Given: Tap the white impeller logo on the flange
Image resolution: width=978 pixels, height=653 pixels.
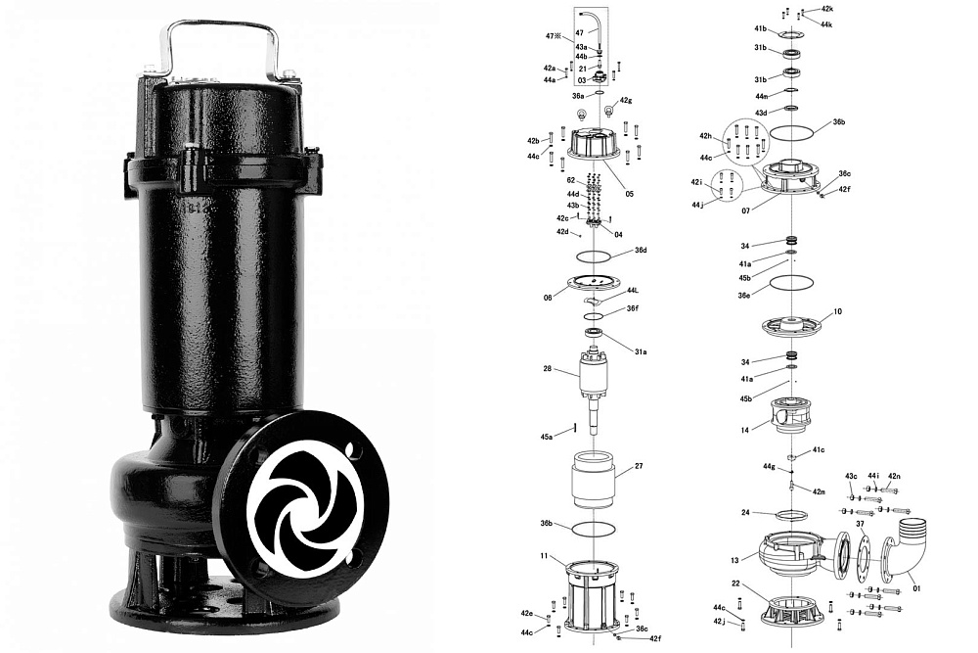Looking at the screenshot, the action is (303, 504).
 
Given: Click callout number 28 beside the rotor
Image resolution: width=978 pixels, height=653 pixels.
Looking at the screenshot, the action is (547, 369).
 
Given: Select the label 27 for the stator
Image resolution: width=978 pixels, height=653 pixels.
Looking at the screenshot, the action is (638, 466).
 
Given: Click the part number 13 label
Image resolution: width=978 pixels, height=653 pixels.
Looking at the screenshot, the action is (734, 561).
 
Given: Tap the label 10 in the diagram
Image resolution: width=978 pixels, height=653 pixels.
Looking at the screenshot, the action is (837, 311).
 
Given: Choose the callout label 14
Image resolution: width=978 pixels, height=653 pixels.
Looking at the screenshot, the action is (744, 430).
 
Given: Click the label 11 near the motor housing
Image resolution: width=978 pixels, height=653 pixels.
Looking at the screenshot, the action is (544, 554).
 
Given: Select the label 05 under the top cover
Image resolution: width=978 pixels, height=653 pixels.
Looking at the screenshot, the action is (629, 194).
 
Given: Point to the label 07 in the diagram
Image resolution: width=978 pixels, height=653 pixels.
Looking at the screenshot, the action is (745, 211).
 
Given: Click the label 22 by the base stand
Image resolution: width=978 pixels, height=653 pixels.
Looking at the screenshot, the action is (735, 583).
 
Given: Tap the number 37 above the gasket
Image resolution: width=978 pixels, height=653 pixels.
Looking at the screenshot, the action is (860, 523).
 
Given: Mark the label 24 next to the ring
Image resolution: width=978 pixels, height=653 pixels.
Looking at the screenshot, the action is (745, 513).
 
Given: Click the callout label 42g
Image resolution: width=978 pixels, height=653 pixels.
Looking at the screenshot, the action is (626, 101).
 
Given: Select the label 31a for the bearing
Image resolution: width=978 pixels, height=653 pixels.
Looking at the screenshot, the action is (641, 352).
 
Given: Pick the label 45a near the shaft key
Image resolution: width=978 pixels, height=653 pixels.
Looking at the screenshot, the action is (547, 437).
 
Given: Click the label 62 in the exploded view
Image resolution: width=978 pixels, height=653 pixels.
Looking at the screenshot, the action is (571, 180).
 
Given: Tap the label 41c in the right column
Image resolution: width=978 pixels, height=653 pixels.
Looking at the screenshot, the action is (819, 449).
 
